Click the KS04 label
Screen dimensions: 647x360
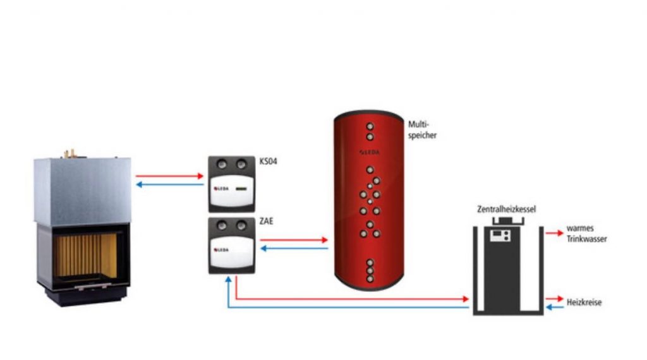point(268,161)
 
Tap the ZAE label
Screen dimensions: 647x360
point(267,222)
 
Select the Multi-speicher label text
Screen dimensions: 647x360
point(422,129)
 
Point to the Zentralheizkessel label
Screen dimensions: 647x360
point(506,209)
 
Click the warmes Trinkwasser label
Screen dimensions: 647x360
point(586,234)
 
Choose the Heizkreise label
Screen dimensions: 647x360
point(584,303)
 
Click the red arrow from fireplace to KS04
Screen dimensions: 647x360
point(169,176)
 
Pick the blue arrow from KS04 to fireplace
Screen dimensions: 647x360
point(169,184)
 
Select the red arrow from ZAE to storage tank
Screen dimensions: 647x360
point(294,239)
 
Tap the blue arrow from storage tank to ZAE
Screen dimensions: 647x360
point(294,248)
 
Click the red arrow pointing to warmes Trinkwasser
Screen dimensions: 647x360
point(555,233)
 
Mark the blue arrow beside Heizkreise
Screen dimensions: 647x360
point(555,307)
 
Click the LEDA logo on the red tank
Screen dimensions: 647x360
point(369,152)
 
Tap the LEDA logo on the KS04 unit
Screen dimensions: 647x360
point(221,188)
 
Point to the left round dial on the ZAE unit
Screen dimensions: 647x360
point(222,225)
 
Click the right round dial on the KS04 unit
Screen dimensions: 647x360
point(241,165)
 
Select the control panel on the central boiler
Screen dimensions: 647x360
point(500,236)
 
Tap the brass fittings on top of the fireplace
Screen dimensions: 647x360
point(70,154)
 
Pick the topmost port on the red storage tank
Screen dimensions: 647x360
point(370,126)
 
